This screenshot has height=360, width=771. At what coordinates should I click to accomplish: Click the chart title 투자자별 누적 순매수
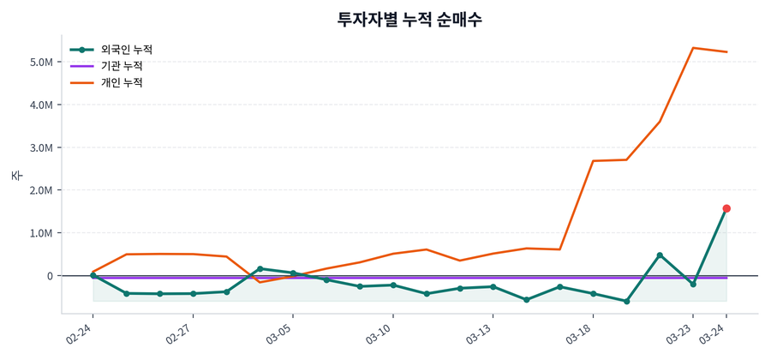(x=409, y=19)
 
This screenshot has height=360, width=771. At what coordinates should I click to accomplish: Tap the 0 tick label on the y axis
(x=51, y=276)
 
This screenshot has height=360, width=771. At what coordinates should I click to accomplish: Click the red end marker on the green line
(x=726, y=208)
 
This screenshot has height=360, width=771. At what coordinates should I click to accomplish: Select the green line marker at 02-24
(x=93, y=275)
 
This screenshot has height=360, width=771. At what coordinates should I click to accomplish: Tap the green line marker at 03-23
(x=693, y=284)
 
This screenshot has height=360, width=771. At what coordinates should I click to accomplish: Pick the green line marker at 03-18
(x=593, y=294)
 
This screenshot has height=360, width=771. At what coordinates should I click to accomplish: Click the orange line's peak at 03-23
(x=693, y=48)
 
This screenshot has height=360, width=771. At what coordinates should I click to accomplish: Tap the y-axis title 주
(x=16, y=176)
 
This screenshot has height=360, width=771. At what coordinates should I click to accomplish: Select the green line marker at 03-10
(x=393, y=285)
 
